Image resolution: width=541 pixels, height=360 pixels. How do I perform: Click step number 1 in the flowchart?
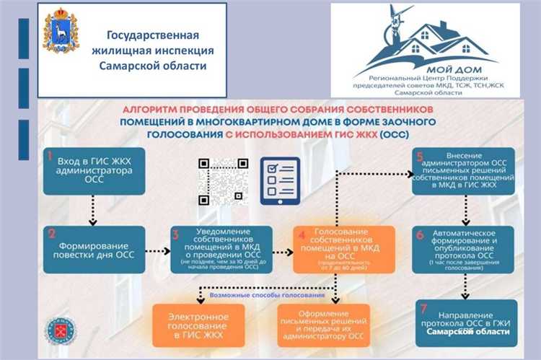(50, 156)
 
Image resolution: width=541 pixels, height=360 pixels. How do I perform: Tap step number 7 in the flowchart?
(421, 310)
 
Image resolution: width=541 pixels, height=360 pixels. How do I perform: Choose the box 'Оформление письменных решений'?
(323, 325)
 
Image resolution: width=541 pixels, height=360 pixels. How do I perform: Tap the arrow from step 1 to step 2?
(92, 209)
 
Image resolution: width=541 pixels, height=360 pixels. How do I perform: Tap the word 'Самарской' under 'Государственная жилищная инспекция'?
(128, 66)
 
